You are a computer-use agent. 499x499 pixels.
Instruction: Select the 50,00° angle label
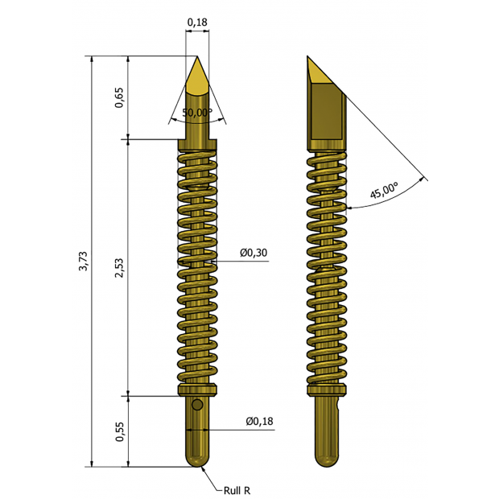pyautogui.click(x=196, y=112)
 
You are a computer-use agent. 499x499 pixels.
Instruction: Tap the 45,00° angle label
pyautogui.click(x=384, y=192)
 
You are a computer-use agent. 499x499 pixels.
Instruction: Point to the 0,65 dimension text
pyautogui.click(x=119, y=97)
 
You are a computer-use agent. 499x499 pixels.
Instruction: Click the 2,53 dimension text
pyautogui.click(x=119, y=268)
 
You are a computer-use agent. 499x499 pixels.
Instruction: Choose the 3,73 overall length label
pyautogui.click(x=83, y=262)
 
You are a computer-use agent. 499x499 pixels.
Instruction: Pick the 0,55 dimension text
pyautogui.click(x=119, y=432)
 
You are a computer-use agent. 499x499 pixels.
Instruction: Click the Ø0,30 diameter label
pyautogui.click(x=254, y=253)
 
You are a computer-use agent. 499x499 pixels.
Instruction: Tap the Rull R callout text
pyautogui.click(x=239, y=489)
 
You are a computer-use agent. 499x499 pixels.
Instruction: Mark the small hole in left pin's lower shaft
pyautogui.click(x=196, y=405)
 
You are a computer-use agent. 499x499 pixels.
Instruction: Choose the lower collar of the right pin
pyautogui.click(x=327, y=391)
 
